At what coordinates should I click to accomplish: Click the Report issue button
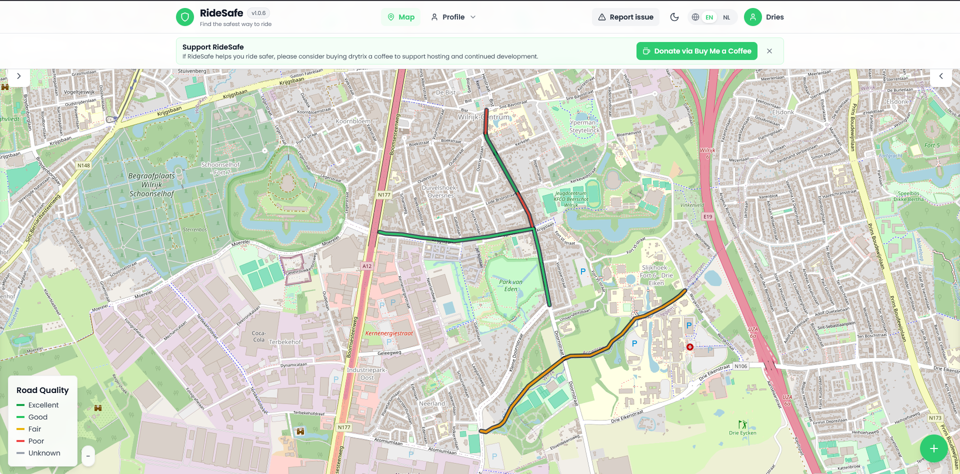625,17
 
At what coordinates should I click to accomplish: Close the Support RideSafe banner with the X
769,51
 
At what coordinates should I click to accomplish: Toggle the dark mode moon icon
674,17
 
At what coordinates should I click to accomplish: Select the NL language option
726,17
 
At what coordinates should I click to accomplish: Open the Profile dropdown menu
453,17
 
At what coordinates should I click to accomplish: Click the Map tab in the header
401,17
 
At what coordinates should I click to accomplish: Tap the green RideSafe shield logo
185,17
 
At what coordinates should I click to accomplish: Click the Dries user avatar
752,17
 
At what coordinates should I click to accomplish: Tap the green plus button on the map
933,448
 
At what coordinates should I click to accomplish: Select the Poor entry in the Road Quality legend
36,441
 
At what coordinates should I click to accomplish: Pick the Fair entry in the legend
34,429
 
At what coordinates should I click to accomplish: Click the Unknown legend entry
44,453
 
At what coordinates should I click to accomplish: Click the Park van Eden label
510,285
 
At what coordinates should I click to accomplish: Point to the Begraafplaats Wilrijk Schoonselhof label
151,185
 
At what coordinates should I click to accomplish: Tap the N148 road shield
83,165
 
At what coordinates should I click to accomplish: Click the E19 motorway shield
707,216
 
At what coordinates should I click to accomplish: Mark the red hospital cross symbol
689,347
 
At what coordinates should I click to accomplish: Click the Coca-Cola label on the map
258,336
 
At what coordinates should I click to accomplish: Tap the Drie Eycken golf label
742,433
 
